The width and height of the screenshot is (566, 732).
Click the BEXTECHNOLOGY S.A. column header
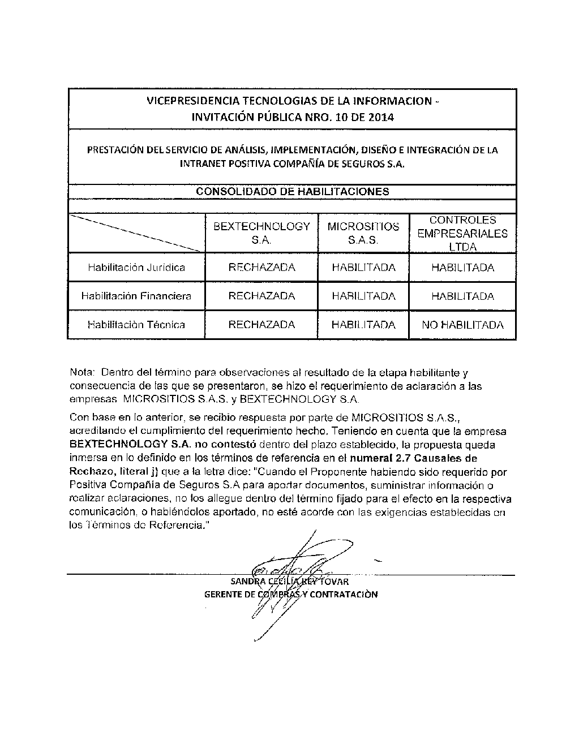pyautogui.click(x=261, y=233)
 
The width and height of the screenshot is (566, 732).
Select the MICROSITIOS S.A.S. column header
pyautogui.click(x=363, y=233)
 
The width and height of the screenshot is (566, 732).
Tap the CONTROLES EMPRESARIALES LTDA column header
pyautogui.click(x=462, y=233)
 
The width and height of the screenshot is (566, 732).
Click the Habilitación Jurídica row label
pyautogui.click(x=136, y=268)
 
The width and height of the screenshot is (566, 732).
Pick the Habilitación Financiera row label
pyautogui.click(x=136, y=296)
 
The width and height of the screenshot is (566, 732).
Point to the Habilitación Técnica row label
pyautogui.click(x=136, y=325)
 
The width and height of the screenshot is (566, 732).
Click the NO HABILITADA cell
pyautogui.click(x=462, y=325)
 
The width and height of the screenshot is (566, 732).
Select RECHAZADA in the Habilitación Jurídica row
pyautogui.click(x=261, y=268)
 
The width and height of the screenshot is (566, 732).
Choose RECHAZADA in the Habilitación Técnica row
pyautogui.click(x=261, y=325)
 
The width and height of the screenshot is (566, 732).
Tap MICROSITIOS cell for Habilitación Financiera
pyautogui.click(x=363, y=296)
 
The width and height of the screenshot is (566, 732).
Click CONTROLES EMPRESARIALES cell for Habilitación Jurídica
pyautogui.click(x=462, y=268)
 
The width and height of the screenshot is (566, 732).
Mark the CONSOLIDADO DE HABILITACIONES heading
pyautogui.click(x=292, y=191)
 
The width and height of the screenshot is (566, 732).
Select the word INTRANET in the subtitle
pyautogui.click(x=202, y=164)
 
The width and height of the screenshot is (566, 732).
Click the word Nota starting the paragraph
pyautogui.click(x=82, y=373)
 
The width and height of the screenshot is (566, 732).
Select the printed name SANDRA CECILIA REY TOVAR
pyautogui.click(x=290, y=582)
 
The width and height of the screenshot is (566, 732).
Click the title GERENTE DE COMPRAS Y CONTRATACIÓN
pyautogui.click(x=291, y=595)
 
